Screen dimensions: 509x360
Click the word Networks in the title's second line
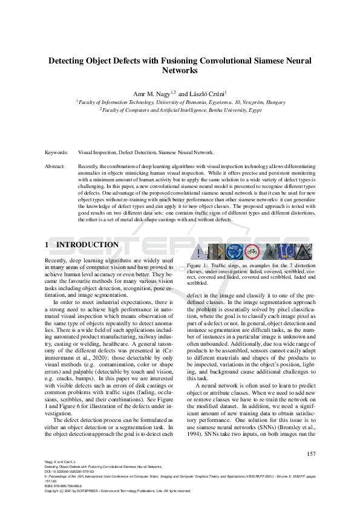[x=180, y=71]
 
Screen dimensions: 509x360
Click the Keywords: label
[x=57, y=153]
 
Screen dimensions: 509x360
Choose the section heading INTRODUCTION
[x=87, y=245]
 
